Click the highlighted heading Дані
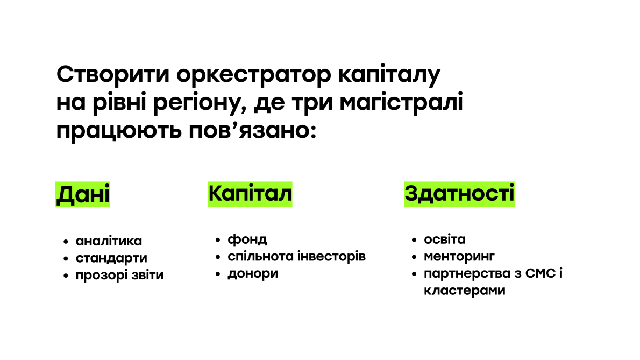[x=82, y=194]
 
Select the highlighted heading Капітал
[x=250, y=194]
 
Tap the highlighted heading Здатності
[x=459, y=194]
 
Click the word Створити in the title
[x=112, y=74]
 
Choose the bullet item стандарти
[x=111, y=258]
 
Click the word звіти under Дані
[x=145, y=276]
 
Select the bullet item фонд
[x=247, y=239]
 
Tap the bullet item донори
[x=253, y=273]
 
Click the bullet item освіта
[x=445, y=239]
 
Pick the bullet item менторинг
[x=459, y=256]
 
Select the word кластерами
[x=465, y=291]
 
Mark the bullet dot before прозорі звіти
[x=66, y=276]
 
